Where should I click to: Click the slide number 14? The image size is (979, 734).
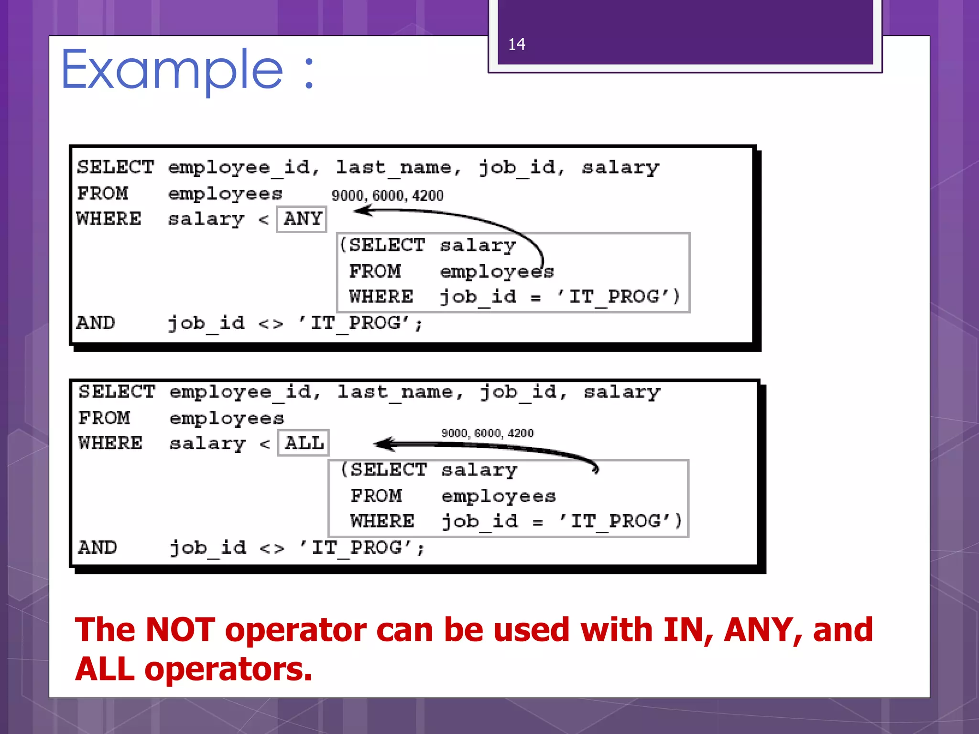(516, 44)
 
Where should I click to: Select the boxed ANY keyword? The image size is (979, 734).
(302, 219)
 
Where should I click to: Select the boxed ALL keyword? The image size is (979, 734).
(304, 443)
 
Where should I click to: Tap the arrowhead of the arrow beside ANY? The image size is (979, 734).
(361, 210)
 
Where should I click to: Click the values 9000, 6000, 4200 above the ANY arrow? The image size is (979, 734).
(387, 195)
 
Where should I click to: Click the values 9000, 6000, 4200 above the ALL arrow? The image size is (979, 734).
(487, 433)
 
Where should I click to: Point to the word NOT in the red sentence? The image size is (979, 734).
(180, 629)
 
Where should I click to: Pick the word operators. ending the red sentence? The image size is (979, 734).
(228, 669)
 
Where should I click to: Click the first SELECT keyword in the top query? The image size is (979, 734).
(115, 167)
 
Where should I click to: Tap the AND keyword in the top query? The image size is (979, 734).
(96, 323)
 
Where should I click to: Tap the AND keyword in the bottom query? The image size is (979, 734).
(98, 548)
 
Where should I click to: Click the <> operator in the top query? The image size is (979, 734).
(271, 324)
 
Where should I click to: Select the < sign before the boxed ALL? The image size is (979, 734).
(265, 444)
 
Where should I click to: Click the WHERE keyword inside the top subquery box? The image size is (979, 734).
(381, 297)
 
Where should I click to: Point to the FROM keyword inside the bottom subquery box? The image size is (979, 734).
(376, 496)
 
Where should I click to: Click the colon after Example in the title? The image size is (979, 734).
(309, 74)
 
